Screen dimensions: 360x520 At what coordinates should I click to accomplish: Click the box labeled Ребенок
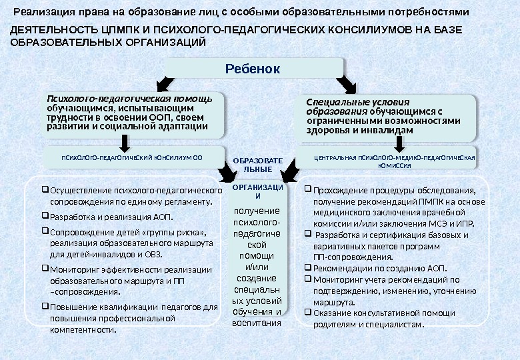click(253, 69)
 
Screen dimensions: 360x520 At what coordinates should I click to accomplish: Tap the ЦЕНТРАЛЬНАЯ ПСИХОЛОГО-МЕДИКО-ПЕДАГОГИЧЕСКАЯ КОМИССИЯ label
click(394, 161)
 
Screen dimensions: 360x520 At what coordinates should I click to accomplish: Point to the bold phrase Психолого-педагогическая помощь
click(129, 99)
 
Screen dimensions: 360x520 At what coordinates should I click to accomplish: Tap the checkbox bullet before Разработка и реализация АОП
click(45, 217)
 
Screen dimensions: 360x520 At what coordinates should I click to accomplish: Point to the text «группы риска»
click(182, 232)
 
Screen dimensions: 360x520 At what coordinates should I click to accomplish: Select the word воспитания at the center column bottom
click(257, 323)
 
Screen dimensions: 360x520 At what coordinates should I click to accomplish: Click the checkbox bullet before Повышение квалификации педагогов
click(45, 307)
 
